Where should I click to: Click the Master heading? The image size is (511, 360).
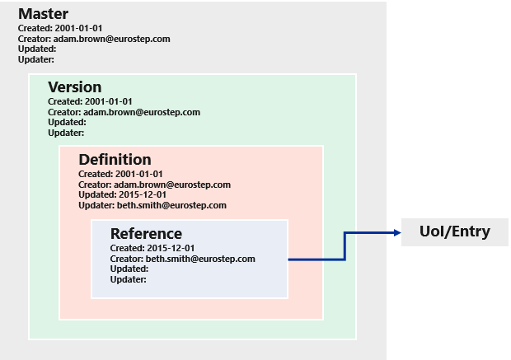tap(43, 14)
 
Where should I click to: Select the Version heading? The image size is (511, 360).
tap(75, 86)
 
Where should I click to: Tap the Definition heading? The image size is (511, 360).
tap(115, 159)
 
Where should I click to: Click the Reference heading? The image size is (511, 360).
tap(146, 233)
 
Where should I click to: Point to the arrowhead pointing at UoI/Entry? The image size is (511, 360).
tap(395, 233)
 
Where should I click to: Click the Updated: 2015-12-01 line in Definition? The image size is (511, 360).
tap(122, 195)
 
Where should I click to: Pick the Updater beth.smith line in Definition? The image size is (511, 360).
tap(152, 205)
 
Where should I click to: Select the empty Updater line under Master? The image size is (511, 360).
tap(36, 58)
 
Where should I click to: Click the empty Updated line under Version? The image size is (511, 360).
tap(67, 122)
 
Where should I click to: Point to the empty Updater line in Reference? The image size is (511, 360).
tap(129, 279)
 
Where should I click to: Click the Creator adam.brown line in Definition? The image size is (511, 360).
tap(154, 185)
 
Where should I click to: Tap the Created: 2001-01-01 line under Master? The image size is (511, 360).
tap(60, 28)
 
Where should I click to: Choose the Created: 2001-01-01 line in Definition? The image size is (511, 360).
tap(121, 175)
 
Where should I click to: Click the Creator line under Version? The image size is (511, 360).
tap(124, 112)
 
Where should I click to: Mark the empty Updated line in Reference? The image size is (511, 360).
tap(129, 269)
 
